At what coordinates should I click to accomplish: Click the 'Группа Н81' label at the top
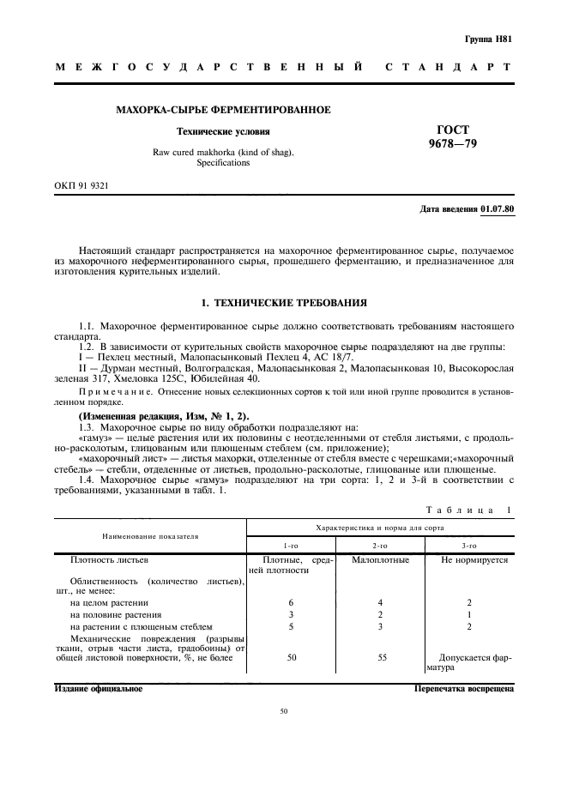pos(488,39)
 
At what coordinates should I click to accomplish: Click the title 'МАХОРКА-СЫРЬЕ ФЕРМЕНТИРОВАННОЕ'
pos(223,110)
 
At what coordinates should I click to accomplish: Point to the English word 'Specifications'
pos(223,162)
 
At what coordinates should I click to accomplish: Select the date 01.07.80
pos(498,208)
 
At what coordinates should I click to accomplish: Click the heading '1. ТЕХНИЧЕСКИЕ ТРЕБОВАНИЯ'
pos(283,303)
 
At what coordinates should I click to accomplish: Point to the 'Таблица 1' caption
pos(470,509)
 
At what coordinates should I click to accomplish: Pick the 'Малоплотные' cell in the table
pos(380,559)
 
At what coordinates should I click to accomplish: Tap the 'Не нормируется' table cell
pos(474,559)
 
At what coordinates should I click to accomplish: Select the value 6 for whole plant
pos(291,602)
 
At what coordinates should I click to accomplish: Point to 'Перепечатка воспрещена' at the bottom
pos(463,688)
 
